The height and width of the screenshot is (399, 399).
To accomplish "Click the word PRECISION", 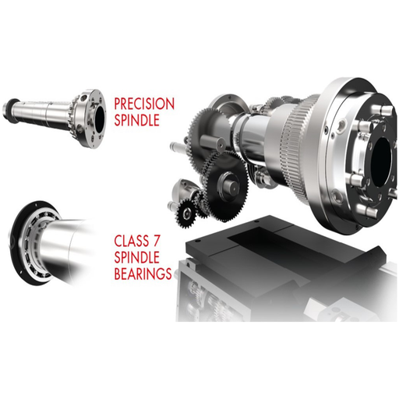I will [144, 103].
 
